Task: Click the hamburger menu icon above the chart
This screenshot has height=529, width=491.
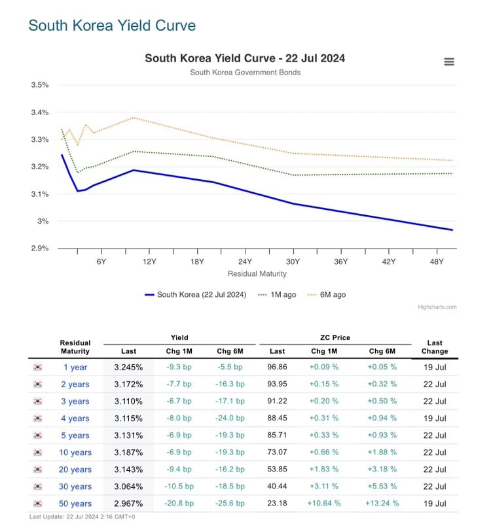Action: coord(449,61)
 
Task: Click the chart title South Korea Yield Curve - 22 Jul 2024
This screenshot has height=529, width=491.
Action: coord(245,58)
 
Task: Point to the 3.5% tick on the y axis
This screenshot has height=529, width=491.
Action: coord(40,85)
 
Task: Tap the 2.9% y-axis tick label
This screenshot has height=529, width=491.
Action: coord(40,248)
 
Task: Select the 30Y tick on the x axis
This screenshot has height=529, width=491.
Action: coord(293,262)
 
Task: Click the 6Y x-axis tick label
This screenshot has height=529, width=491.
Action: coord(101,262)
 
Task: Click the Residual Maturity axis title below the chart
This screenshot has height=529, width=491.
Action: coord(257,273)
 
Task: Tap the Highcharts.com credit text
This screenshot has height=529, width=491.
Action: coord(437,307)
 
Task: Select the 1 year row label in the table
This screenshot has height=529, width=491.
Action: coord(75,367)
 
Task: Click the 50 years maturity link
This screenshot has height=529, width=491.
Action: coord(75,503)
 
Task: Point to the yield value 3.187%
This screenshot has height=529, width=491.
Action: coord(128,452)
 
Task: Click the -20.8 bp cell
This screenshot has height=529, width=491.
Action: coord(179,503)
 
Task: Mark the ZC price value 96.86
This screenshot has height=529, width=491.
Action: coord(277,367)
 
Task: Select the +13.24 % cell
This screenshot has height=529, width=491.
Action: coord(382,503)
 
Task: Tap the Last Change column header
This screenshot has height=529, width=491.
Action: coord(435,347)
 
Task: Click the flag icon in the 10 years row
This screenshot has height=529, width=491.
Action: coord(38,452)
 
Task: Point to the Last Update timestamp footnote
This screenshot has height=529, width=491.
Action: coord(82,517)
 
